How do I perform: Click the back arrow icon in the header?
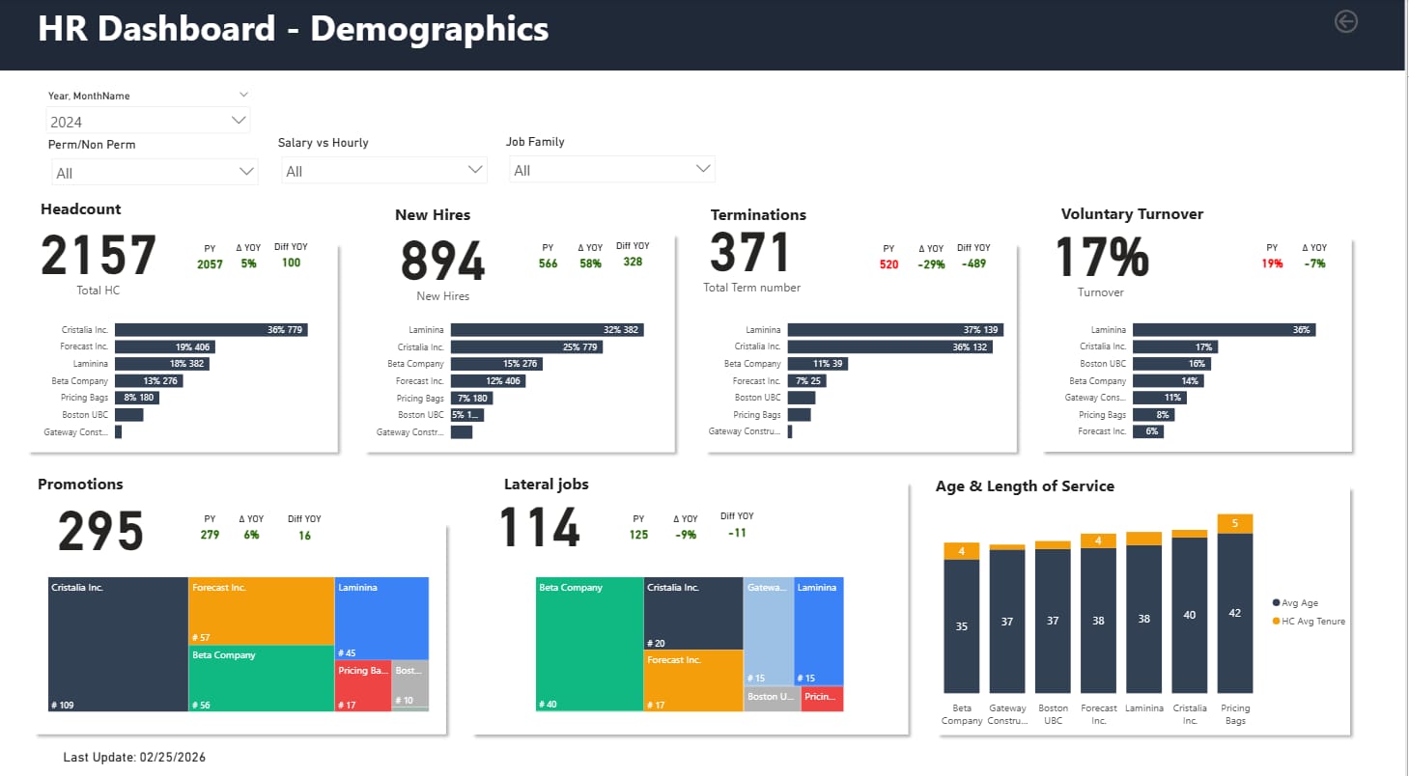[1345, 21]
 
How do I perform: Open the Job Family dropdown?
[610, 170]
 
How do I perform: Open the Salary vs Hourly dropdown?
[383, 171]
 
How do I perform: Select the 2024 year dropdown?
[148, 122]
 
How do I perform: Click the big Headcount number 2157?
[99, 256]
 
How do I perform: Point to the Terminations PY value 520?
[888, 264]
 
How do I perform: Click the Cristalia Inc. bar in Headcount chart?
[211, 330]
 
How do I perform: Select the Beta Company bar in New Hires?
[495, 364]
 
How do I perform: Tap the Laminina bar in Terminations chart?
[894, 330]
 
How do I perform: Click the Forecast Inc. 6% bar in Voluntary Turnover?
[1147, 431]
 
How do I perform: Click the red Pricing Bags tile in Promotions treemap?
[362, 685]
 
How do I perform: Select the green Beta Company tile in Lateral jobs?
[589, 644]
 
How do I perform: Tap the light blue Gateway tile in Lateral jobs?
[768, 630]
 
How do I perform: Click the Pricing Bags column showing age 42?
[1235, 613]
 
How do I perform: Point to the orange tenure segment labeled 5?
[1235, 523]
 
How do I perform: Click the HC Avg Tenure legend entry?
[1310, 621]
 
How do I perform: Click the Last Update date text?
[134, 758]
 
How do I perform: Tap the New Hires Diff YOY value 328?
[633, 263]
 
